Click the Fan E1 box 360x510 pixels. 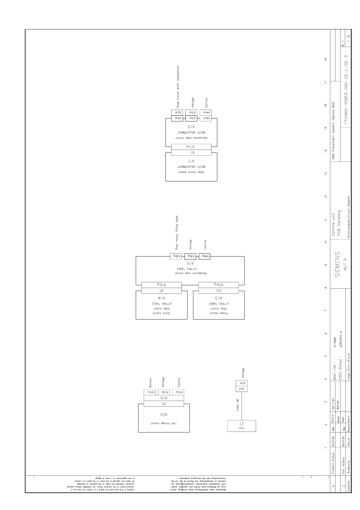point(242,426)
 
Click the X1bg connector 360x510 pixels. point(162,285)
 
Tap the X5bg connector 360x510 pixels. point(218,285)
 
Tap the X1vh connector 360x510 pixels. point(191,147)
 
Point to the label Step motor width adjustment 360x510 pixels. point(178,86)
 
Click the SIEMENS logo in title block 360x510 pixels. point(338,264)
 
